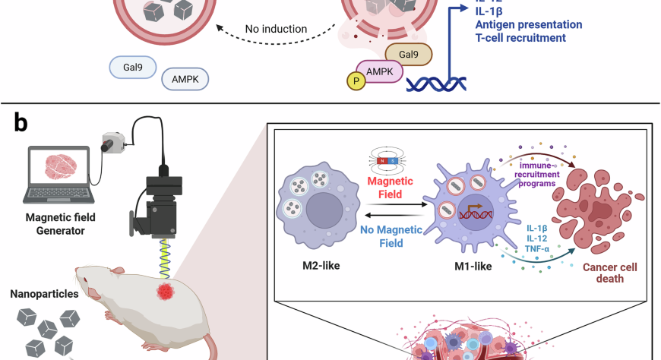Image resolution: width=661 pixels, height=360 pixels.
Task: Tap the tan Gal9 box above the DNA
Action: click(x=409, y=53)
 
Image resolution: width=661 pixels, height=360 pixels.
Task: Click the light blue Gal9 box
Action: click(x=133, y=66)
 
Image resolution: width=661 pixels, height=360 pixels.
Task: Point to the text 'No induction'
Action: click(x=276, y=30)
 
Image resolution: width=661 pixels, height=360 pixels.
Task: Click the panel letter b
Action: click(x=21, y=122)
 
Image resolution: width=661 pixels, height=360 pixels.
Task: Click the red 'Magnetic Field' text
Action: click(x=391, y=187)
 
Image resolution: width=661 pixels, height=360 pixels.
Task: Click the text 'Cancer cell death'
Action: click(x=611, y=274)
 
